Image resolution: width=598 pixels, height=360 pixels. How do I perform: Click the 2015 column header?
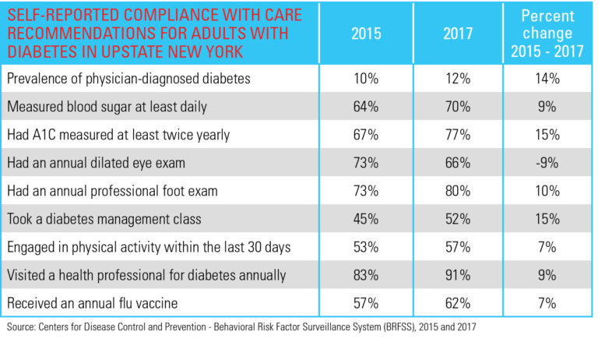tap(366, 34)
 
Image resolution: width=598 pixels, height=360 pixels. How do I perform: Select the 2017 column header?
tap(457, 34)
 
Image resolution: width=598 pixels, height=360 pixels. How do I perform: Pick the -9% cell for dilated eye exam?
tap(547, 163)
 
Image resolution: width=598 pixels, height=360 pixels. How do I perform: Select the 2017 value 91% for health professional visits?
tap(457, 275)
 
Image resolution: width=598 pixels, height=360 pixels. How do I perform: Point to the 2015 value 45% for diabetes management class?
tap(366, 219)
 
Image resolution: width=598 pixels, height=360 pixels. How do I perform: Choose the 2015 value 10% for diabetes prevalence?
tap(366, 79)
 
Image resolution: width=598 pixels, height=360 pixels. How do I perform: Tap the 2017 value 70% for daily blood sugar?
tap(457, 107)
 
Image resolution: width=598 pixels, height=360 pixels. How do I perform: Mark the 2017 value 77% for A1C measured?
tap(457, 135)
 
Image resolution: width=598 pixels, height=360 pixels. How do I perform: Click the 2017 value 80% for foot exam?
tap(457, 191)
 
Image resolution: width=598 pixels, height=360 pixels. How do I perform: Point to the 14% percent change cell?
tap(547, 79)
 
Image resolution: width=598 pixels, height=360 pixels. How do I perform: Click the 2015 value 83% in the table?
tap(366, 275)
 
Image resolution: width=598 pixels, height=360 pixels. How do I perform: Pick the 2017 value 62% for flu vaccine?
tap(457, 303)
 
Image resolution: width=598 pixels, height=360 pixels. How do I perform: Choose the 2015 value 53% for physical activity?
tap(366, 247)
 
